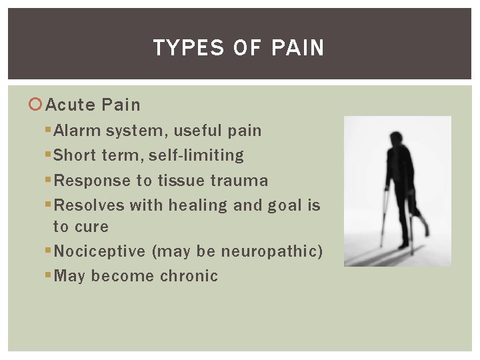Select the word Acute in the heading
pyautogui.click(x=72, y=105)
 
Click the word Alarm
pyautogui.click(x=75, y=131)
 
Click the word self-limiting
pyautogui.click(x=196, y=155)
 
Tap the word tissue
pyautogui.click(x=182, y=181)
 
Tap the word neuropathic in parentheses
pyautogui.click(x=269, y=251)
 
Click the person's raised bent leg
pyautogui.click(x=419, y=213)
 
